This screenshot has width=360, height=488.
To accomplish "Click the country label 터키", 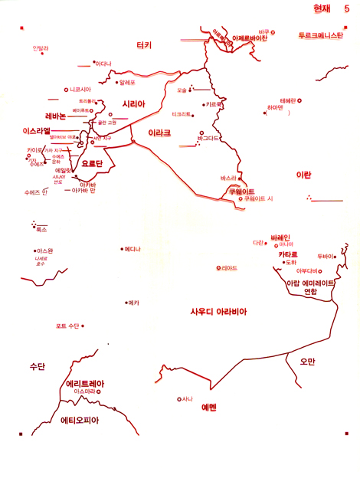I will click(x=144, y=45).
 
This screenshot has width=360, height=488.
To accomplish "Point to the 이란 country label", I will click(x=303, y=175).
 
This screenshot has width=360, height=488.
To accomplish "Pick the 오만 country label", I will click(x=308, y=361).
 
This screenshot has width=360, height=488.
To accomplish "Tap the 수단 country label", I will click(x=37, y=366).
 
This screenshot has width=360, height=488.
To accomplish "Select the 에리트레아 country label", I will click(x=85, y=383).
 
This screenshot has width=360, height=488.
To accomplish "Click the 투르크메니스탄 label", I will click(x=321, y=35).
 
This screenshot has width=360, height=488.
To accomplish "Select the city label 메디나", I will click(x=133, y=248).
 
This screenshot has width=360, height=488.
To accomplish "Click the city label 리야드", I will click(x=229, y=267).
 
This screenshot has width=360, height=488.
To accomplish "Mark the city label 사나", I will click(x=187, y=398).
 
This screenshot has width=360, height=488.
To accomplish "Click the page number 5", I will click(x=346, y=9).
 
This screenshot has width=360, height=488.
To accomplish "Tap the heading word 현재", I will click(x=323, y=9).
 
